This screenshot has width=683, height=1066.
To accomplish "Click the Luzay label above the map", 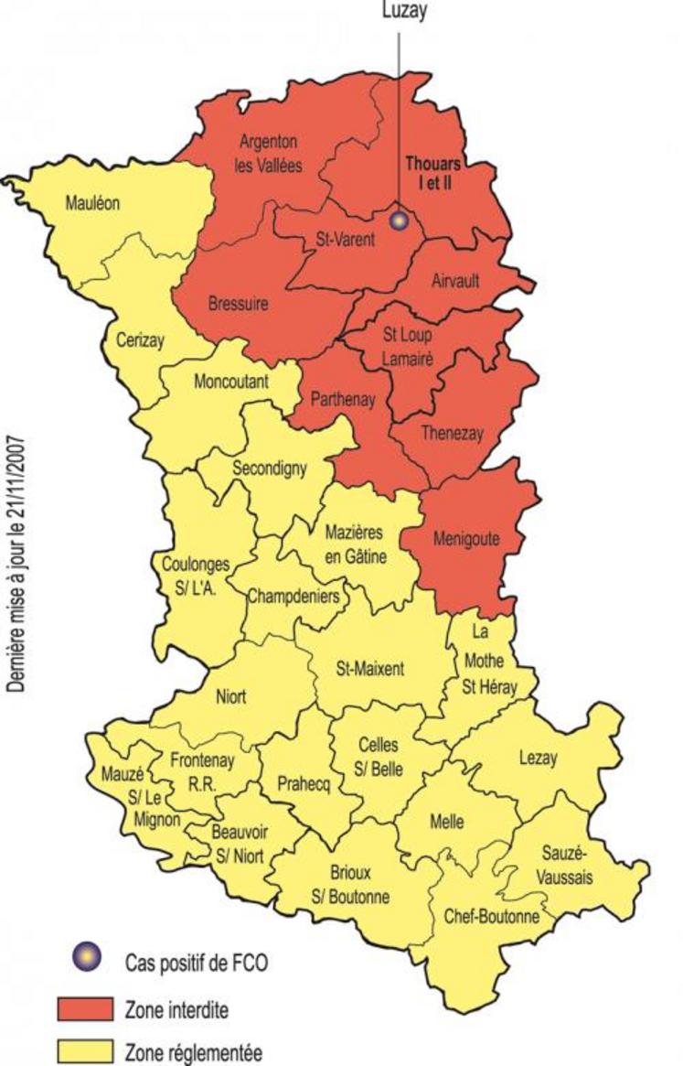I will [x=398, y=10].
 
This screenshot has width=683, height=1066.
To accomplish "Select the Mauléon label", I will [x=92, y=202].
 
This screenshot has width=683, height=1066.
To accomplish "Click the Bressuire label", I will [x=238, y=304].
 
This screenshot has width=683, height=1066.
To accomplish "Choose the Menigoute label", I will [x=466, y=540].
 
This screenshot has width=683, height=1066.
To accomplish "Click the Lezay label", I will [x=538, y=757].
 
